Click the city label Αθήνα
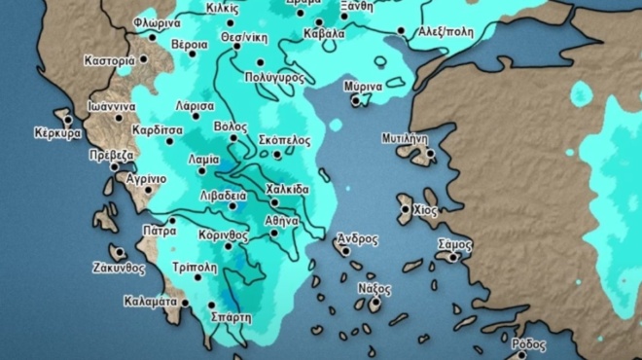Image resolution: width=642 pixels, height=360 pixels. click(282, 221)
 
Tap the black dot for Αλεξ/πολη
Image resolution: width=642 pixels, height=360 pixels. click(402, 31)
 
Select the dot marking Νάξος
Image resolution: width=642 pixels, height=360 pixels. click(374, 305)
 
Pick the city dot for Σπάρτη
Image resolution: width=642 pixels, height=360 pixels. click(212, 306)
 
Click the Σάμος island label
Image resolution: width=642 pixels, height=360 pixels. click(454, 242)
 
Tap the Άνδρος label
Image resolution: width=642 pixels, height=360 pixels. click(357, 238)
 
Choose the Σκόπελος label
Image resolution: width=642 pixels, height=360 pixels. click(285, 140)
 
